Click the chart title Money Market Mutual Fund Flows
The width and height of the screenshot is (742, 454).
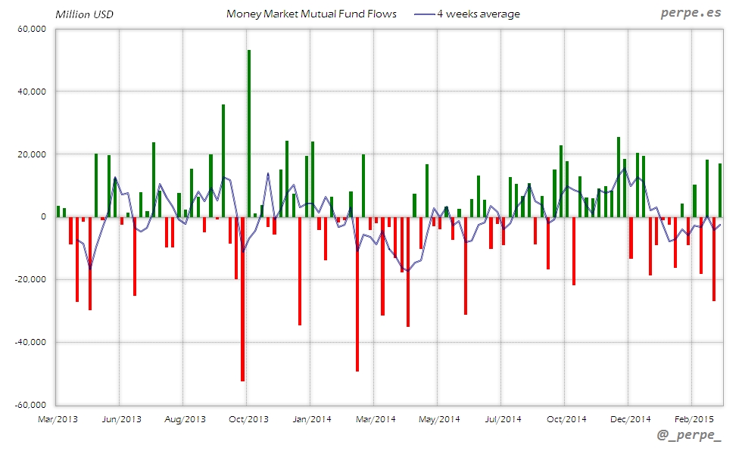coord(311,14)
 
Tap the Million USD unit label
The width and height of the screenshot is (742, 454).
coord(84,14)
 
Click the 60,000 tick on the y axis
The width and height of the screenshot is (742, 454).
coord(31,29)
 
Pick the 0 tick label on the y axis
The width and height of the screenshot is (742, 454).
coord(42,217)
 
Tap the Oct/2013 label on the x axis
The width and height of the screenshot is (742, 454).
coord(248,418)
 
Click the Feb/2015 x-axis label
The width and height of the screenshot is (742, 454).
coord(693,418)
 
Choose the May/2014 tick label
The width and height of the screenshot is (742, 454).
coord(439,418)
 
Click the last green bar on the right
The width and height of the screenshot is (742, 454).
coord(720,190)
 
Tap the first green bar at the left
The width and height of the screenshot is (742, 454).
coord(58,211)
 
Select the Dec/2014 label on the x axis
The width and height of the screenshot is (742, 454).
coord(630,418)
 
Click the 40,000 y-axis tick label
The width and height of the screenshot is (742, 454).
coord(31,92)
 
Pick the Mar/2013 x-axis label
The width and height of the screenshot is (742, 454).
coord(57,418)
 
